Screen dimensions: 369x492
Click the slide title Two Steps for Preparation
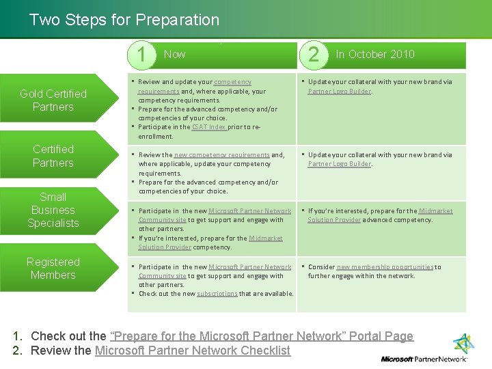124,20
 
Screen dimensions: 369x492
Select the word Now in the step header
174,54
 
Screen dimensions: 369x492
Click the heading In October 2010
374,54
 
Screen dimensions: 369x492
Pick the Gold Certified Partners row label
53,100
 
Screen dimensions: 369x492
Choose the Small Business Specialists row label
53,210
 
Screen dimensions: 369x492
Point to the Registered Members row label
53,269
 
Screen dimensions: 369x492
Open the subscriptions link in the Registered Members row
217,294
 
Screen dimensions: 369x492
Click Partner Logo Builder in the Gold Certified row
339,91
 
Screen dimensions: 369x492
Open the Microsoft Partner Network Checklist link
192,351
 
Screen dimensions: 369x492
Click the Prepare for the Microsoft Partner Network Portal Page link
261,336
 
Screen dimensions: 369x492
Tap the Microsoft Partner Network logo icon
463,344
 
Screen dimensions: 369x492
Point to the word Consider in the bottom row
321,267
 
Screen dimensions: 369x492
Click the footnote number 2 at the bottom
17,351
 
